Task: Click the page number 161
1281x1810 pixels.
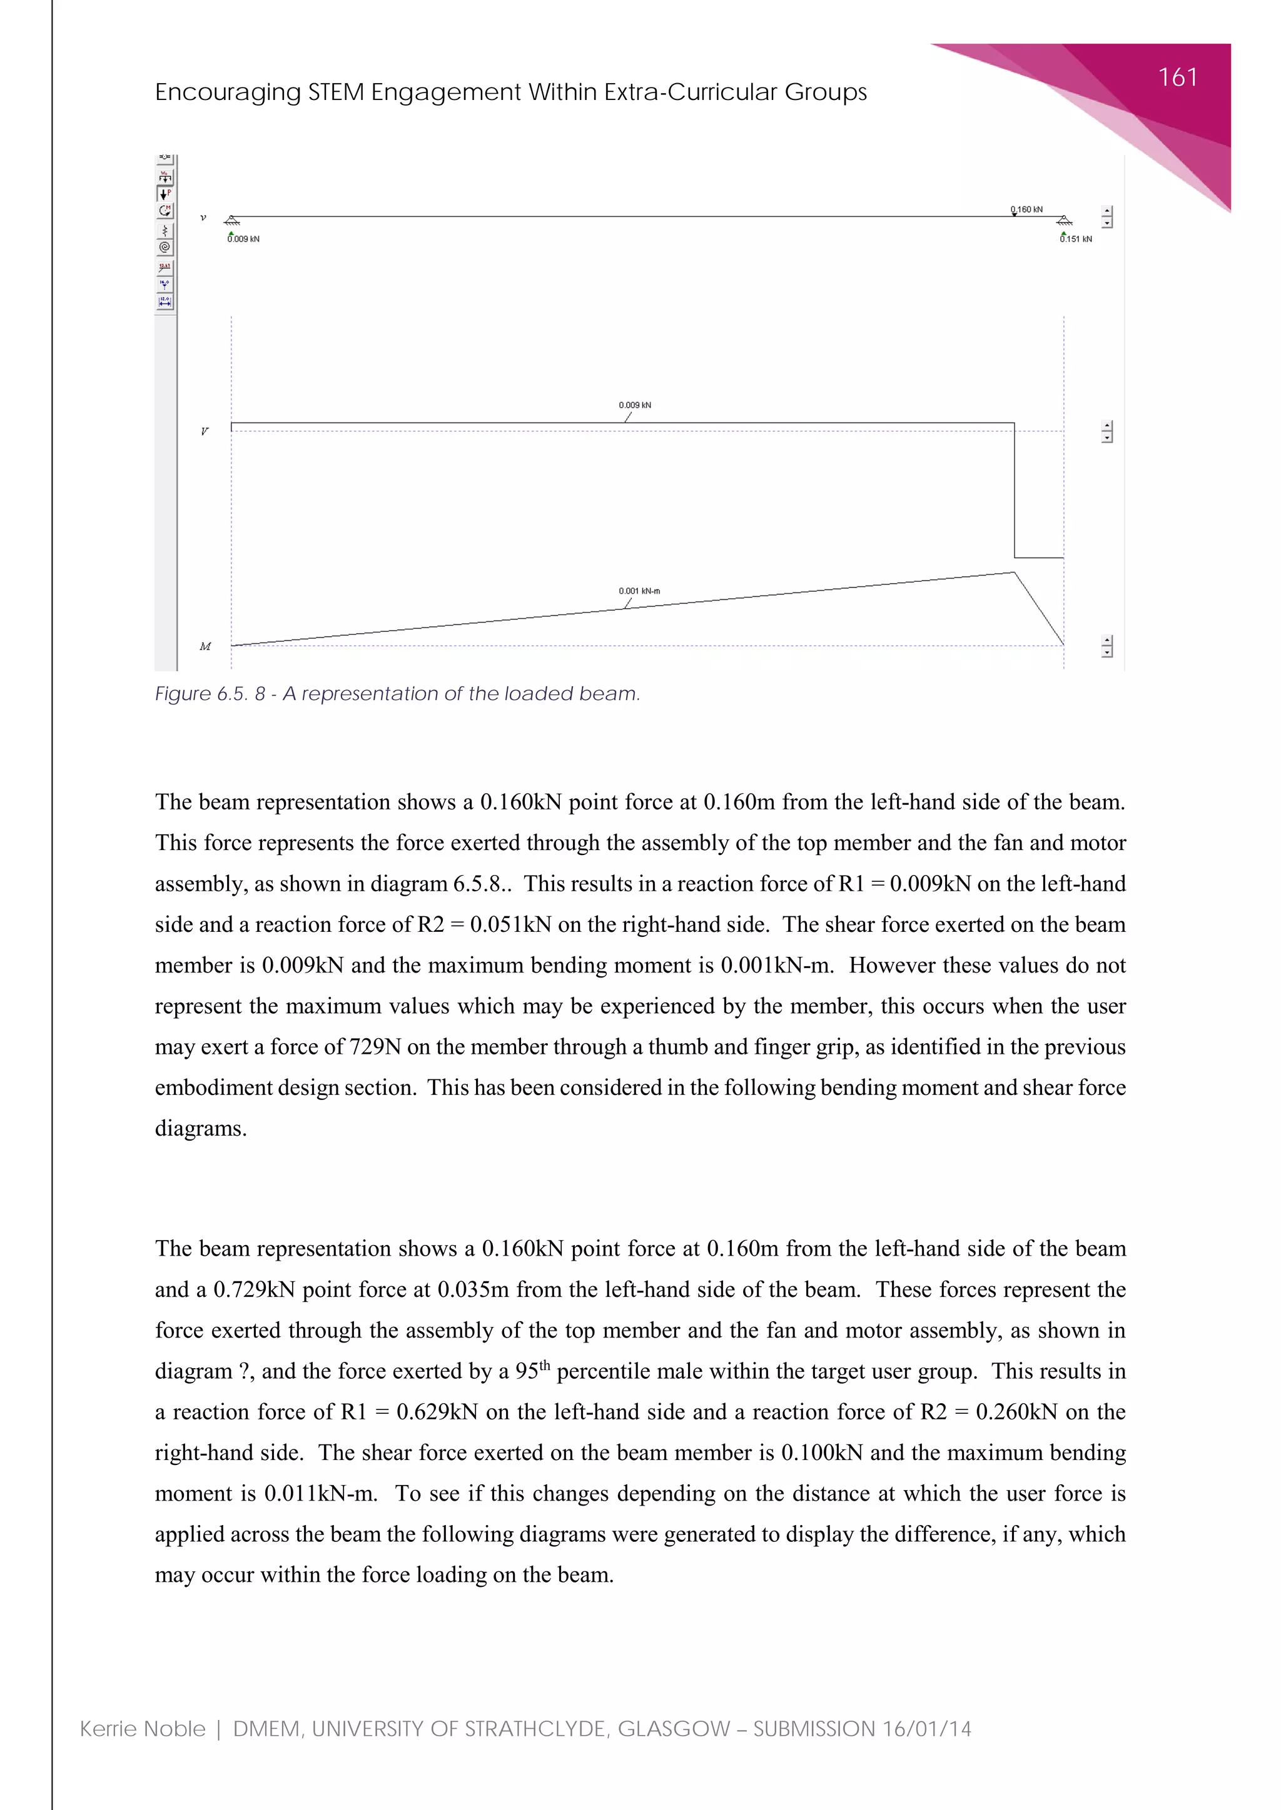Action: tap(1177, 77)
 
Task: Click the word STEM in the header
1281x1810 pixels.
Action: tap(335, 92)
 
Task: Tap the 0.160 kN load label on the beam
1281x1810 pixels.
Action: tap(1027, 210)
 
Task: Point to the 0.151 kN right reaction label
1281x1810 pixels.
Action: tap(1076, 239)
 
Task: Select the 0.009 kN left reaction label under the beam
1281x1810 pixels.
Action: tap(244, 239)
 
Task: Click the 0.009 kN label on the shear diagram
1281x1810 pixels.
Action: tap(635, 405)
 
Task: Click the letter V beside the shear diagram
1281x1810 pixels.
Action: tap(205, 431)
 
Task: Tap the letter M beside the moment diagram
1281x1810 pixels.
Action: tap(205, 646)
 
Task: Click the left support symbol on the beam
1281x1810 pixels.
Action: tap(231, 221)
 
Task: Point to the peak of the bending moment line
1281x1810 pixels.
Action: tap(1013, 573)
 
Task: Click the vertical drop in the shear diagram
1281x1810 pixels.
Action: tap(1015, 489)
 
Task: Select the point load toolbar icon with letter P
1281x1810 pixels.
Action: tap(165, 194)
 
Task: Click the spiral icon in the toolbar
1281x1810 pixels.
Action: tap(165, 247)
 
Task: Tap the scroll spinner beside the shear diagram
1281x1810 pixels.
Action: tap(1106, 431)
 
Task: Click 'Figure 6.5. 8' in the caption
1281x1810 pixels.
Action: tap(209, 694)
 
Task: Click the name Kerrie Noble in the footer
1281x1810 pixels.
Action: tap(143, 1729)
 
